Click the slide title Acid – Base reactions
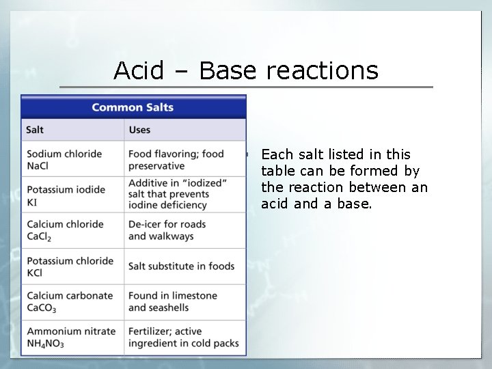point(246,70)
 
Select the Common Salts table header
point(133,107)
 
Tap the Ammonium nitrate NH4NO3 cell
point(71,337)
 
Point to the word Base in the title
point(228,70)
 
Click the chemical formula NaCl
point(38,166)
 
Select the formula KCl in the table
point(34,273)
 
